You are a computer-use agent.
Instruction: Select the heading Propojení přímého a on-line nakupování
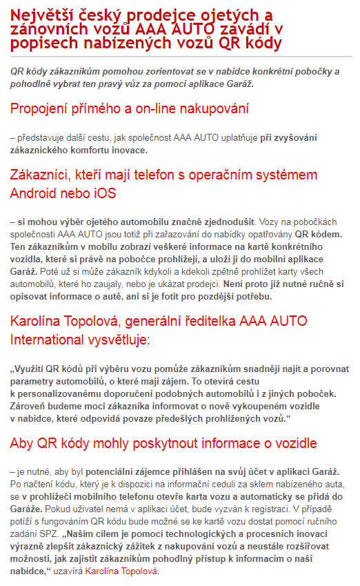point(129,109)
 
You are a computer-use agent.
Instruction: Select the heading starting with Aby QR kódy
point(163,442)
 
